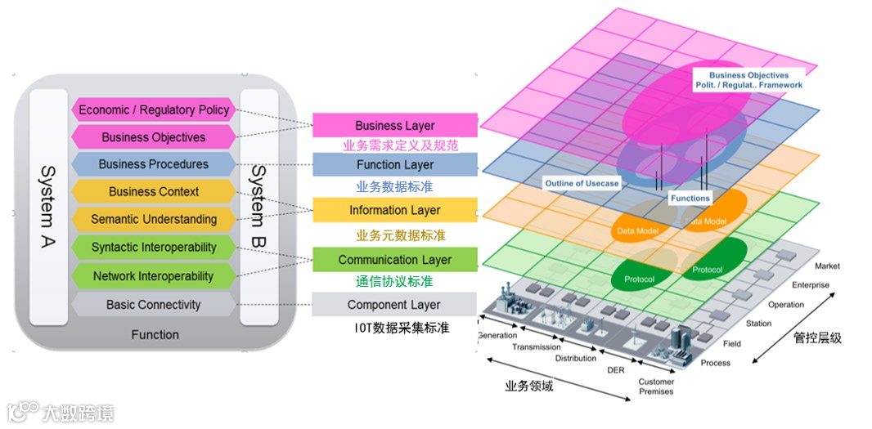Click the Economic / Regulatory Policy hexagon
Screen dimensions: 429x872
(155, 109)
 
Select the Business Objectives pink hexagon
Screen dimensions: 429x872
(154, 137)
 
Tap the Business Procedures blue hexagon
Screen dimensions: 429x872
(154, 164)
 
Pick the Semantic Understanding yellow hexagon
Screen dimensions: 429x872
(154, 219)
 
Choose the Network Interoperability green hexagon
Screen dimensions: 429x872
(154, 276)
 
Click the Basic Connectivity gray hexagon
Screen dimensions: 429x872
(154, 305)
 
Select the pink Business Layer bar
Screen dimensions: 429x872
(395, 126)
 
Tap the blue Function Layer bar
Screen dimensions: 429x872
(395, 165)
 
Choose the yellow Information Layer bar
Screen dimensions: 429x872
(395, 210)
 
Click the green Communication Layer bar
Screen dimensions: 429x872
(395, 260)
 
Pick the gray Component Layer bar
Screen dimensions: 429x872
(395, 305)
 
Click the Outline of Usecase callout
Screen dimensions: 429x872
(582, 184)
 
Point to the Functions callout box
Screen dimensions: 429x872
(690, 198)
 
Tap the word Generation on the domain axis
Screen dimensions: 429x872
(497, 335)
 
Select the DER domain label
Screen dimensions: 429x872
(615, 369)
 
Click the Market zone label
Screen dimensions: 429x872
(827, 266)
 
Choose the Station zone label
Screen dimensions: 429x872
(758, 324)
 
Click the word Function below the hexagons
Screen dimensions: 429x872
(155, 334)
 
